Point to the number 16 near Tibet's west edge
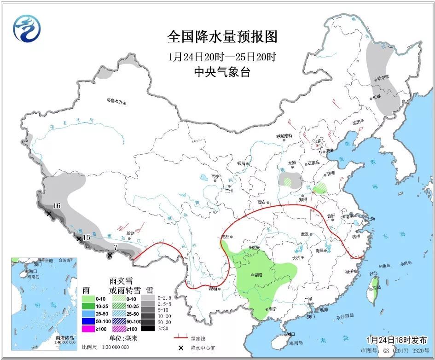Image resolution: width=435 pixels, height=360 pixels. (57, 206)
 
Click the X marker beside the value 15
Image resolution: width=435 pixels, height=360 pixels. (79, 239)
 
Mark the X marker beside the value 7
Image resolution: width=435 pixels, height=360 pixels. (110, 255)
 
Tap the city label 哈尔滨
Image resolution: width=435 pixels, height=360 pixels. (383, 76)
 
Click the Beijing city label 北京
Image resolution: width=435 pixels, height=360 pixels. (316, 141)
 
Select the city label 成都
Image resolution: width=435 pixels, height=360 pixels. (224, 237)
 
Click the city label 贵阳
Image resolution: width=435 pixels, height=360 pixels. (257, 275)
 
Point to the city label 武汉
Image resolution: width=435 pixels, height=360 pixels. (304, 234)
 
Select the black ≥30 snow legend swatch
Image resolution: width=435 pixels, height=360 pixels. (148, 328)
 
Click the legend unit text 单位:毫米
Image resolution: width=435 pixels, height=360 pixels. (123, 338)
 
